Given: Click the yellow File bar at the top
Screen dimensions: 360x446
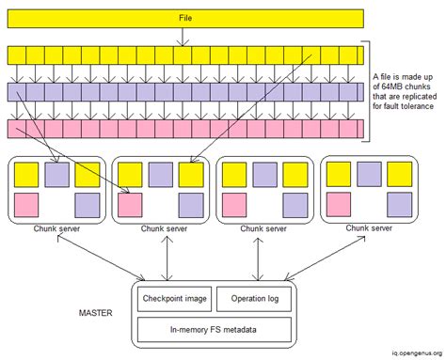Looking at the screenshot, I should pyautogui.click(x=185, y=18).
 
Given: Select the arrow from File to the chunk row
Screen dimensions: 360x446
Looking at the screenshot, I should pyautogui.click(x=185, y=36).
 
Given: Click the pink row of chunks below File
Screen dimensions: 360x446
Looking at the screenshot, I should pyautogui.click(x=185, y=129).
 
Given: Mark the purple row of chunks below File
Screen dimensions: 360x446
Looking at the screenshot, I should pyautogui.click(x=185, y=92).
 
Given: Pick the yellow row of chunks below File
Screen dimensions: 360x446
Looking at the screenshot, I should pyautogui.click(x=185, y=54).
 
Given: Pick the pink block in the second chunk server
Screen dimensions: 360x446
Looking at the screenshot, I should pyautogui.click(x=130, y=204).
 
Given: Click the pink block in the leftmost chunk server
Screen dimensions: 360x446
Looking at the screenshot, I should pyautogui.click(x=27, y=204).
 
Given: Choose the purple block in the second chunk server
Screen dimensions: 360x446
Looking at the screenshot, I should pyautogui.click(x=161, y=173).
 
